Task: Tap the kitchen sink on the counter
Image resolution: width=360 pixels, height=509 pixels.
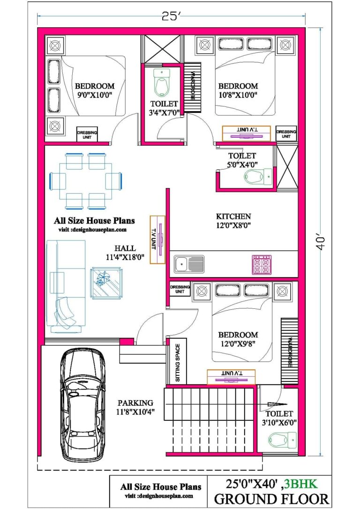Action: tap(189, 264)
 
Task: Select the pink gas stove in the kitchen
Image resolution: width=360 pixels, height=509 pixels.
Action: tap(262, 264)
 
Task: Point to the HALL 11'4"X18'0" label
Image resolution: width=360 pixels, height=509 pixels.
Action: tap(125, 252)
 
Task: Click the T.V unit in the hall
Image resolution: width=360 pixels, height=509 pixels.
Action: tap(157, 239)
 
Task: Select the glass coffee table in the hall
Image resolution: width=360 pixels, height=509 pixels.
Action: tap(106, 282)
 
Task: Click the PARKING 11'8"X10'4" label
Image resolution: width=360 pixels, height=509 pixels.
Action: tap(135, 407)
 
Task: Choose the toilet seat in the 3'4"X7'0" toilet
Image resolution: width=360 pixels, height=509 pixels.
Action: tap(161, 83)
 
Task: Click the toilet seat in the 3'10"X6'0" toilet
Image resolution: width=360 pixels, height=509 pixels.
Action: tap(282, 439)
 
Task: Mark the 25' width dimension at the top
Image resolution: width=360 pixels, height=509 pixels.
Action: tap(171, 17)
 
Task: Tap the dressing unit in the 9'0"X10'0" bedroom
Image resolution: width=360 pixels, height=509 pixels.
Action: tap(87, 135)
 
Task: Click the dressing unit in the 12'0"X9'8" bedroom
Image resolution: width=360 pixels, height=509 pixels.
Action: tap(180, 289)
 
